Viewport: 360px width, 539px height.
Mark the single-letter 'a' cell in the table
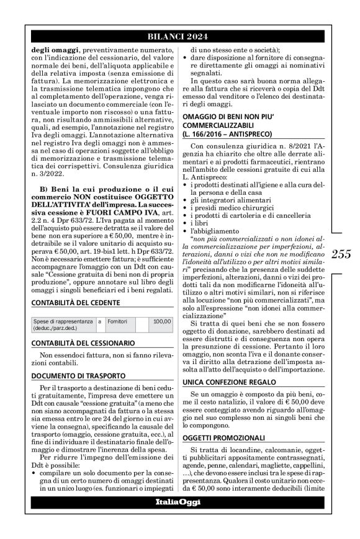100,322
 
